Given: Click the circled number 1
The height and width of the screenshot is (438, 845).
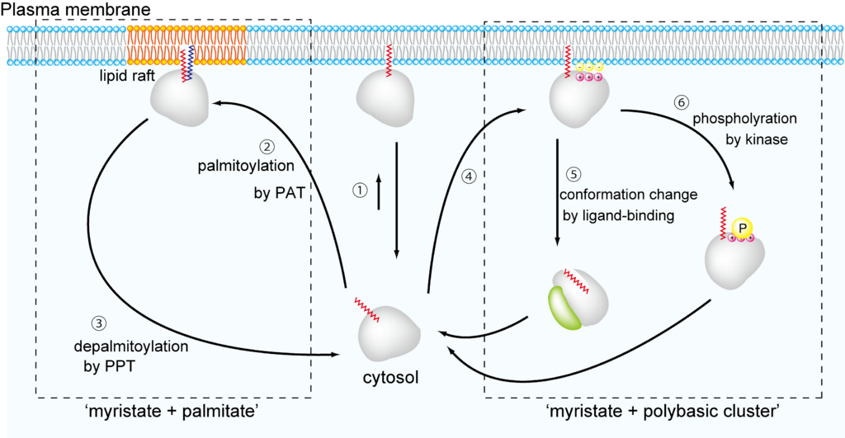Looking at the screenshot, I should [359, 189].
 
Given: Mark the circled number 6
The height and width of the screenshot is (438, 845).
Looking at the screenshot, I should [681, 103].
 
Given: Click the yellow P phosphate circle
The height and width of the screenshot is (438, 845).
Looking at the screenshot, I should [743, 227].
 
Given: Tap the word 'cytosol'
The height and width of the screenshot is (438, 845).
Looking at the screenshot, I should [390, 379].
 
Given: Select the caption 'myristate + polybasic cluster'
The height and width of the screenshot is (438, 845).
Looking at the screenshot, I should [664, 410].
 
